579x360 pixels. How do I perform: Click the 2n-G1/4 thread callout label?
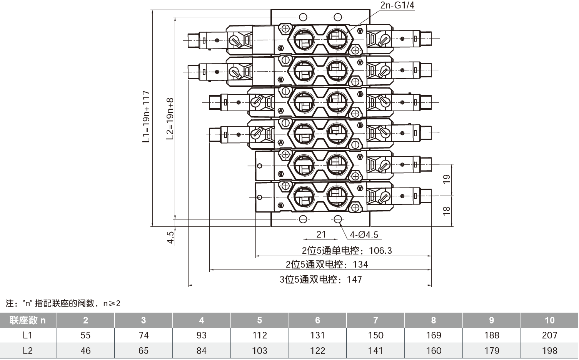click(x=397, y=5)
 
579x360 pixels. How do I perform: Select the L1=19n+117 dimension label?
click(x=146, y=117)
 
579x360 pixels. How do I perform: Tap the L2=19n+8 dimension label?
click(x=170, y=119)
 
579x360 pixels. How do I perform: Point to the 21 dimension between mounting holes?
click(x=321, y=234)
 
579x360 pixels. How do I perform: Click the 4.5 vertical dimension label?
click(x=170, y=237)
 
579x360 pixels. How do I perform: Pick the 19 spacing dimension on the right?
click(x=446, y=179)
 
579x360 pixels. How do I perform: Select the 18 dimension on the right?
click(x=446, y=210)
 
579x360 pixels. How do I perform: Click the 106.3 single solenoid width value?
click(x=380, y=251)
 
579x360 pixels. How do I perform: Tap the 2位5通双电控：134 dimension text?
click(x=327, y=265)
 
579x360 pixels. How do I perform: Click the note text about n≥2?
click(x=63, y=303)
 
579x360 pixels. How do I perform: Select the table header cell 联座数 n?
click(x=28, y=320)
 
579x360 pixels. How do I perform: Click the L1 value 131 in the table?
click(x=317, y=335)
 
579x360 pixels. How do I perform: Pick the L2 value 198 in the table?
click(x=549, y=351)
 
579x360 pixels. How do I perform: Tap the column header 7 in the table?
click(x=375, y=320)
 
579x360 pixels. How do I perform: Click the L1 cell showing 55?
click(x=85, y=335)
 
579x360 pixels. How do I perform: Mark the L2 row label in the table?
click(x=28, y=351)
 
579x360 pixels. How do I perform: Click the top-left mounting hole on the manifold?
click(x=303, y=17)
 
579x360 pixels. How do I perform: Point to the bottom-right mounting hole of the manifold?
click(x=337, y=219)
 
